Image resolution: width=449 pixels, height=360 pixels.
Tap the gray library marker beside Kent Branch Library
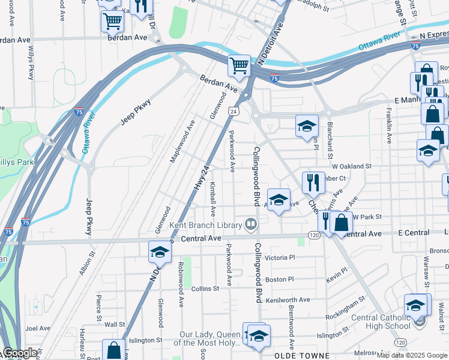click(251, 225)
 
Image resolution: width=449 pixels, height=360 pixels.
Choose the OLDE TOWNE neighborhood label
click(300, 355)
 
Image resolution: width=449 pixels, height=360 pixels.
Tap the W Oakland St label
click(352, 166)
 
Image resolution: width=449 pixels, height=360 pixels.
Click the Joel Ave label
click(38, 328)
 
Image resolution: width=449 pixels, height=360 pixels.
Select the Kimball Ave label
click(212, 200)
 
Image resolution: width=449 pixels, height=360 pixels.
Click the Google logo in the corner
click(20, 353)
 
